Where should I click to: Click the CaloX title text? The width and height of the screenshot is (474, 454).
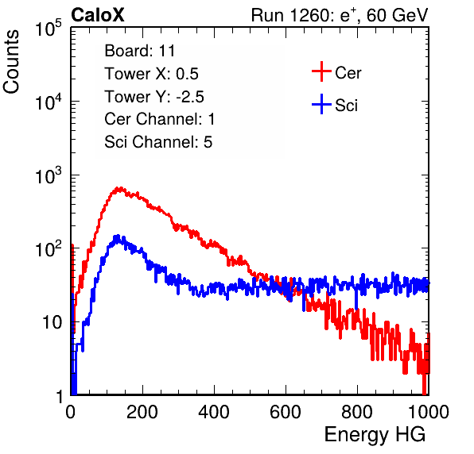pyautogui.click(x=98, y=15)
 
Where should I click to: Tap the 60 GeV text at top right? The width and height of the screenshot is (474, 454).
pyautogui.click(x=398, y=15)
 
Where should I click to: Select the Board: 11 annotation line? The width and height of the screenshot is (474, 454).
pyautogui.click(x=140, y=51)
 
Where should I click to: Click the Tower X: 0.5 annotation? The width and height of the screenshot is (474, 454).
pyautogui.click(x=151, y=74)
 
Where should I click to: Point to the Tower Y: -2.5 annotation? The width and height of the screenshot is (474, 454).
pyautogui.click(x=154, y=97)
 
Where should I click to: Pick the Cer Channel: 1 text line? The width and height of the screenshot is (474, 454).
pyautogui.click(x=160, y=119)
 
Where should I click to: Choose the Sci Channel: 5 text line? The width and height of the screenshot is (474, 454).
pyautogui.click(x=158, y=142)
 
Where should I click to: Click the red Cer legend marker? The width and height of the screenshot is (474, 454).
pyautogui.click(x=321, y=71)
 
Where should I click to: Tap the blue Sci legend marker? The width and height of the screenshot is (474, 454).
pyautogui.click(x=321, y=104)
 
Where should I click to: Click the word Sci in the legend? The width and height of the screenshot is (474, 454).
pyautogui.click(x=347, y=106)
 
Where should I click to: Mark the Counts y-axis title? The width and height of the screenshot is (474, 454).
pyautogui.click(x=11, y=62)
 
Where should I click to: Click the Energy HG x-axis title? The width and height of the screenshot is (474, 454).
pyautogui.click(x=375, y=435)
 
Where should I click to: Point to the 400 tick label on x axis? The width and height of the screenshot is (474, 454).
pyautogui.click(x=214, y=412)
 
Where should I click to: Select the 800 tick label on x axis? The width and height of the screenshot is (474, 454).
pyautogui.click(x=357, y=412)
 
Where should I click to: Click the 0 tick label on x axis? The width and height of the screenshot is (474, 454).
pyautogui.click(x=71, y=412)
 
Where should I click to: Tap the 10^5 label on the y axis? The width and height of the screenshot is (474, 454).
pyautogui.click(x=49, y=29)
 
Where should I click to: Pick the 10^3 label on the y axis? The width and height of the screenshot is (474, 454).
pyautogui.click(x=49, y=176)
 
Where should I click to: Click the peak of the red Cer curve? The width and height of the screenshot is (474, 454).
pyautogui.click(x=120, y=188)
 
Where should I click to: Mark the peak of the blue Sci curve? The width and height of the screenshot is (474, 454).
pyautogui.click(x=118, y=236)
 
